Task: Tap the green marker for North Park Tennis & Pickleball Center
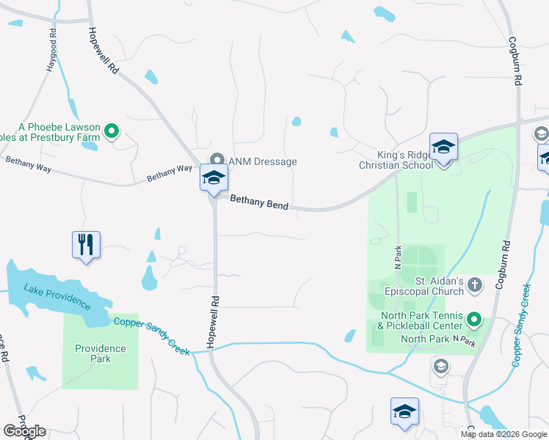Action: tap(473, 320)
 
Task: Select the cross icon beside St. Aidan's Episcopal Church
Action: tap(475, 284)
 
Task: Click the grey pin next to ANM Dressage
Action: tap(217, 160)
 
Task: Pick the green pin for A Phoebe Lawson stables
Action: tap(112, 132)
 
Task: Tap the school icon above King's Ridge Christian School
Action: tap(443, 147)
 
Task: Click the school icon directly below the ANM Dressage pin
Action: tap(214, 178)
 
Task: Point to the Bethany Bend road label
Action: tap(259, 202)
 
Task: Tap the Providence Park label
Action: tap(100, 353)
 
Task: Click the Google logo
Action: tap(24, 431)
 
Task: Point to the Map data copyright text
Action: tap(503, 434)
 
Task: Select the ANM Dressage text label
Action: tap(262, 161)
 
